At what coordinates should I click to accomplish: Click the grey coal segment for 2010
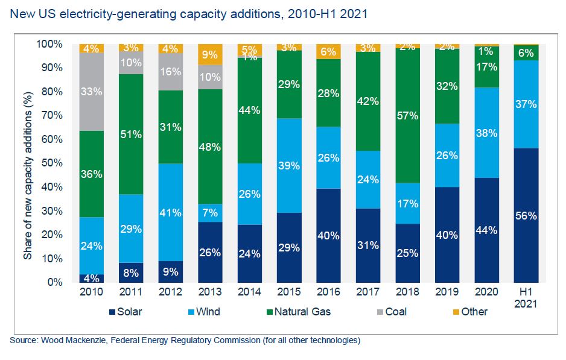[91, 92]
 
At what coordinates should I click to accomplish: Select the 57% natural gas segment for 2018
[407, 115]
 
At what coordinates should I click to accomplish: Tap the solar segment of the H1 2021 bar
[526, 215]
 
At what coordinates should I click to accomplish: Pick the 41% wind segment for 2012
[170, 212]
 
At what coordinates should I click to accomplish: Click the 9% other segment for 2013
[209, 54]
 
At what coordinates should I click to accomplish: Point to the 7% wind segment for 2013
[209, 213]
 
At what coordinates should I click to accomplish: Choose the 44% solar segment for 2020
[486, 230]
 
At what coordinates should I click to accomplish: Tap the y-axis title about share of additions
[28, 163]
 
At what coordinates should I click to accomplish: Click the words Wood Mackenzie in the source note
[69, 341]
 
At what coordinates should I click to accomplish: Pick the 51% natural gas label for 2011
[131, 134]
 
